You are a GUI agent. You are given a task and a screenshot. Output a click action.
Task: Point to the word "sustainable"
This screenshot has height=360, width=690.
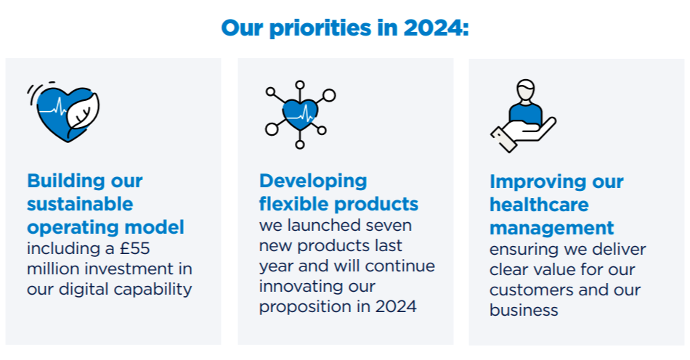tap(80, 203)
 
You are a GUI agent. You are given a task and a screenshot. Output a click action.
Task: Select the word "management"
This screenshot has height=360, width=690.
tap(551, 227)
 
